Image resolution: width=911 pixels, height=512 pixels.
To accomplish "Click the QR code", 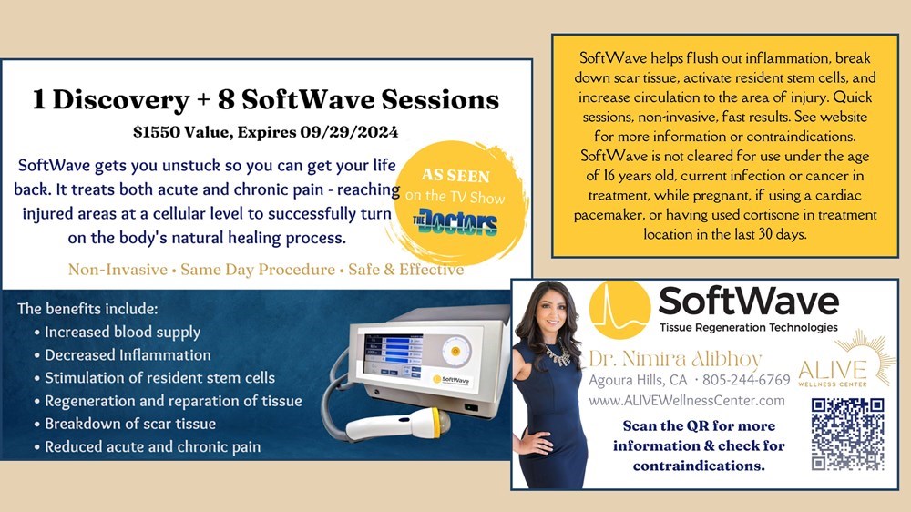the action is click(x=847, y=435).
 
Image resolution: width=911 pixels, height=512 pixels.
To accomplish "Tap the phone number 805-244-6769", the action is click(x=746, y=380).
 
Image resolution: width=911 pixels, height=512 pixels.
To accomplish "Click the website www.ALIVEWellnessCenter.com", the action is click(x=687, y=401).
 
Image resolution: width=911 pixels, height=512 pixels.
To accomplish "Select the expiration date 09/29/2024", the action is click(x=349, y=132).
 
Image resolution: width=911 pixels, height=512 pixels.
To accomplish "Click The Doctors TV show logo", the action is click(x=455, y=222).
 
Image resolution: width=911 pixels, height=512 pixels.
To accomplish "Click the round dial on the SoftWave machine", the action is click(x=455, y=351).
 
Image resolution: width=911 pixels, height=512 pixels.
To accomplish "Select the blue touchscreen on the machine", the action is click(x=393, y=354).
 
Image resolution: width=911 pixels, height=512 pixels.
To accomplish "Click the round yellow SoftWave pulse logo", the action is click(x=619, y=309).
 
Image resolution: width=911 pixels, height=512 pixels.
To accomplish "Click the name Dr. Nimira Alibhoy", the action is click(x=674, y=359).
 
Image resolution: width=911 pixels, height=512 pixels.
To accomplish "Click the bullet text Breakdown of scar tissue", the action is click(x=130, y=424).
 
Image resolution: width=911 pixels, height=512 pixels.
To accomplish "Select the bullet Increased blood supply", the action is click(x=123, y=332).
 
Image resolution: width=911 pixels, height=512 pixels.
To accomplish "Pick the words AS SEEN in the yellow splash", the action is click(x=455, y=175).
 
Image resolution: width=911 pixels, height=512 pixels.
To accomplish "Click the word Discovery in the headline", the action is click(x=121, y=100).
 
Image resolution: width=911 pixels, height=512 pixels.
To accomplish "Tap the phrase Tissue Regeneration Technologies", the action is click(x=748, y=328).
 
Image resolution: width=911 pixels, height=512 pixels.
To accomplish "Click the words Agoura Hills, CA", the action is click(x=638, y=381).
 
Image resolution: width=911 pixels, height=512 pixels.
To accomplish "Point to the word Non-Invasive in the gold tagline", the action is click(x=118, y=270).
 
